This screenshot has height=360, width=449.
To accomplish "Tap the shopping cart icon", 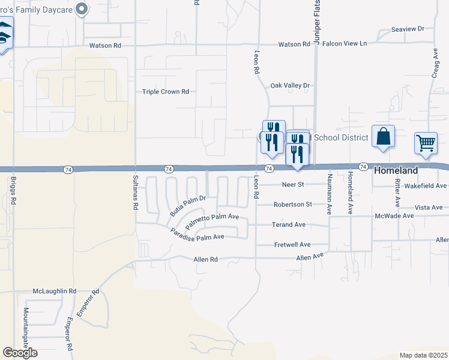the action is pyautogui.click(x=426, y=143).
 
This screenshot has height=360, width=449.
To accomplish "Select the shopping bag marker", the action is pyautogui.click(x=383, y=136).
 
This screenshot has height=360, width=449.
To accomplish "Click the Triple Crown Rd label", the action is pyautogui.click(x=166, y=92).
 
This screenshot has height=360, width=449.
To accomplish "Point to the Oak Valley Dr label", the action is pyautogui.click(x=289, y=86).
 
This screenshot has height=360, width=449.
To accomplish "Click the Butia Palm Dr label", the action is pyautogui.click(x=187, y=205).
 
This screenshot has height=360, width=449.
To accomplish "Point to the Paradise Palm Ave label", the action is pyautogui.click(x=197, y=235).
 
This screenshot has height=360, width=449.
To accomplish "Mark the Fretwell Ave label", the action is pyautogui.click(x=292, y=245).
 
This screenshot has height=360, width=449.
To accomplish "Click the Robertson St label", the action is pyautogui.click(x=292, y=205).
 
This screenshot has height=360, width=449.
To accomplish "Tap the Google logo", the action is pyautogui.click(x=20, y=353).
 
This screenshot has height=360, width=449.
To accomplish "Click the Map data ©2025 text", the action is pyautogui.click(x=423, y=355).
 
